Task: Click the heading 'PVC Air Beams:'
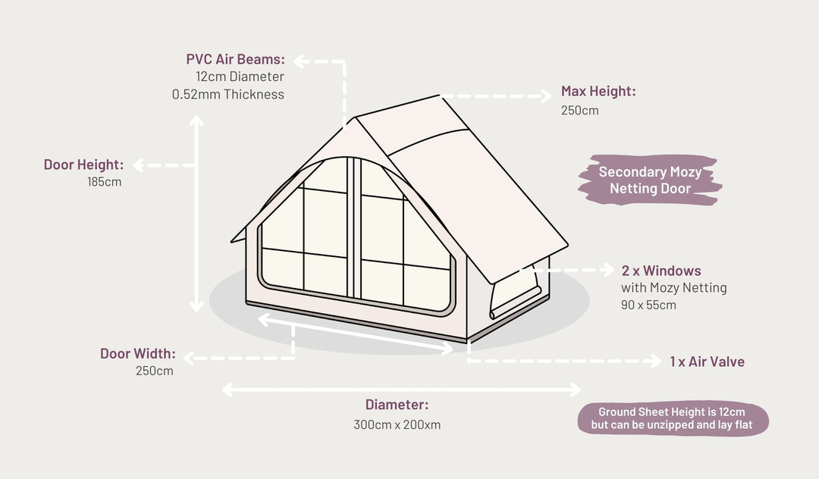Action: pos(236,59)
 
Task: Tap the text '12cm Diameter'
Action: pos(240,77)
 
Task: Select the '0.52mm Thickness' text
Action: pos(228,95)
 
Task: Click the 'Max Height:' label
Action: pos(598,91)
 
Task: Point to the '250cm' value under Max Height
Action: pos(580,111)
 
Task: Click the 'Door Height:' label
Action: pos(83,165)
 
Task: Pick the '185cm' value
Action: pos(105,182)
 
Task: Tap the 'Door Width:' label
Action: pos(138,354)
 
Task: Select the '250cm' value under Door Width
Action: pos(155,371)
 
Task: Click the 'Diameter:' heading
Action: pos(397,405)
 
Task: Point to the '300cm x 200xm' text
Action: pos(397,424)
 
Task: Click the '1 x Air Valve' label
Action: pos(708,362)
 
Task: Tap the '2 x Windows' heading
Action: pos(661,271)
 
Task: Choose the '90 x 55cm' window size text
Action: pos(648,305)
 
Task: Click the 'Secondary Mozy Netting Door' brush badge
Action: pos(651,180)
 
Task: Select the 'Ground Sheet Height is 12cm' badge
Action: pos(673,418)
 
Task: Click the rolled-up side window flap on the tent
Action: pos(515,302)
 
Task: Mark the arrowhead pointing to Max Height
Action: pos(546,96)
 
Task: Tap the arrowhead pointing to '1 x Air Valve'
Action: pos(656,361)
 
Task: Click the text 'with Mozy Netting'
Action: pos(674,288)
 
